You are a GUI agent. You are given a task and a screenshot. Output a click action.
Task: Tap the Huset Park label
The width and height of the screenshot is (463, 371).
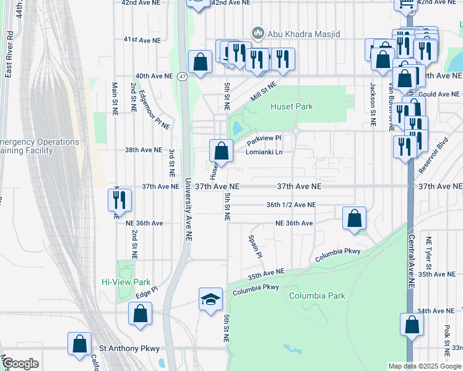tap(292, 106)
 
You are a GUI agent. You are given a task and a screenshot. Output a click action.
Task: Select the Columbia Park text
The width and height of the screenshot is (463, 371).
tap(317, 296)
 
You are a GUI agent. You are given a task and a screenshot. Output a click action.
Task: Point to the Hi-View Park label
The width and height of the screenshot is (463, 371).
tap(126, 281)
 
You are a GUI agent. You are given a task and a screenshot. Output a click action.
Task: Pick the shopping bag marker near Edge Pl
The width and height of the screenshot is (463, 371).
tap(141, 313)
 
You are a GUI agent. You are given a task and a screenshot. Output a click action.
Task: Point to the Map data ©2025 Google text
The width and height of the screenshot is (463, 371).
tap(425, 366)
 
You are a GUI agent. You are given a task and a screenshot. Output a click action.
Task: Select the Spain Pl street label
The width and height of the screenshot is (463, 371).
tap(254, 246)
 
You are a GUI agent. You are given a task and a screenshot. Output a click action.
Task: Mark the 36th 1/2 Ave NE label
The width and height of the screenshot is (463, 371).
tap(291, 205)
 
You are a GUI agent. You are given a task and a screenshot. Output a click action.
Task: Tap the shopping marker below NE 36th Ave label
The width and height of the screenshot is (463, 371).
tap(353, 218)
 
